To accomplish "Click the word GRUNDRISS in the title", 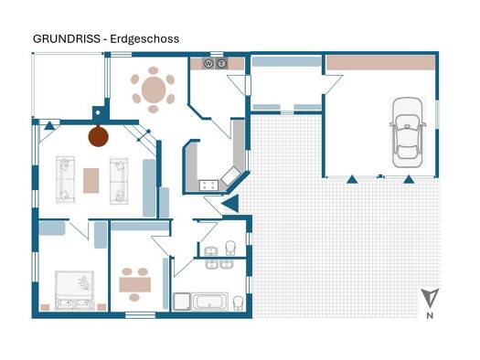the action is (67, 39).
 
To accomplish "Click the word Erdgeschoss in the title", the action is (144, 39).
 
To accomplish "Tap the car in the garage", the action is (408, 132).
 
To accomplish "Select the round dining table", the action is (154, 90).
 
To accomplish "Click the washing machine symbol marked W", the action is (208, 64).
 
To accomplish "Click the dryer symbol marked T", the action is (222, 64).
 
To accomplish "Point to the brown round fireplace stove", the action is (98, 136).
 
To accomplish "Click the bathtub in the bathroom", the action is (209, 302).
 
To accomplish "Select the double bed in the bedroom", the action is (74, 290).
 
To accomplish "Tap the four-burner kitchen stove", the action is (208, 185).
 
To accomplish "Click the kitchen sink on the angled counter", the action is (231, 175).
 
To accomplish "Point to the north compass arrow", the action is (430, 298).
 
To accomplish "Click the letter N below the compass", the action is (430, 315).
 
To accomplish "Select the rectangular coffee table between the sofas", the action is (91, 181).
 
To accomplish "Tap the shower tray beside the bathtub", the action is (182, 302).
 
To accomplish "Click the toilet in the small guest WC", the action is (230, 248).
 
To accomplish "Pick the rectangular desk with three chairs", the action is (134, 284).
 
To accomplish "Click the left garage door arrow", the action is (352, 179).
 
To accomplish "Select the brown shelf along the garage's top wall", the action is (381, 63).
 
